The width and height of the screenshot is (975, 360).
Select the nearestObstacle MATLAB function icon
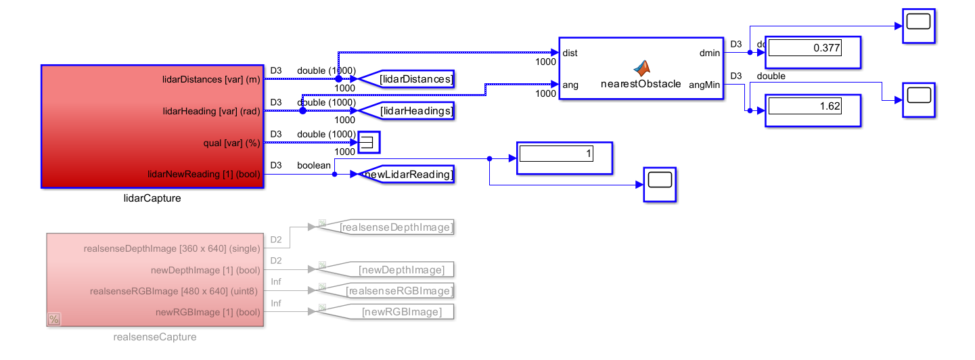click(x=641, y=68)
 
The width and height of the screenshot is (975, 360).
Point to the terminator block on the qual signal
click(x=369, y=143)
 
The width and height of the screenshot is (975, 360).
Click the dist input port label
click(x=570, y=53)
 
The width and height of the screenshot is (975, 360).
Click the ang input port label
click(x=570, y=85)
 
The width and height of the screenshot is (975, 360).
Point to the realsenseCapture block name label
click(x=155, y=337)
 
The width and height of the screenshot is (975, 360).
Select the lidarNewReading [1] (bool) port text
click(x=204, y=175)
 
